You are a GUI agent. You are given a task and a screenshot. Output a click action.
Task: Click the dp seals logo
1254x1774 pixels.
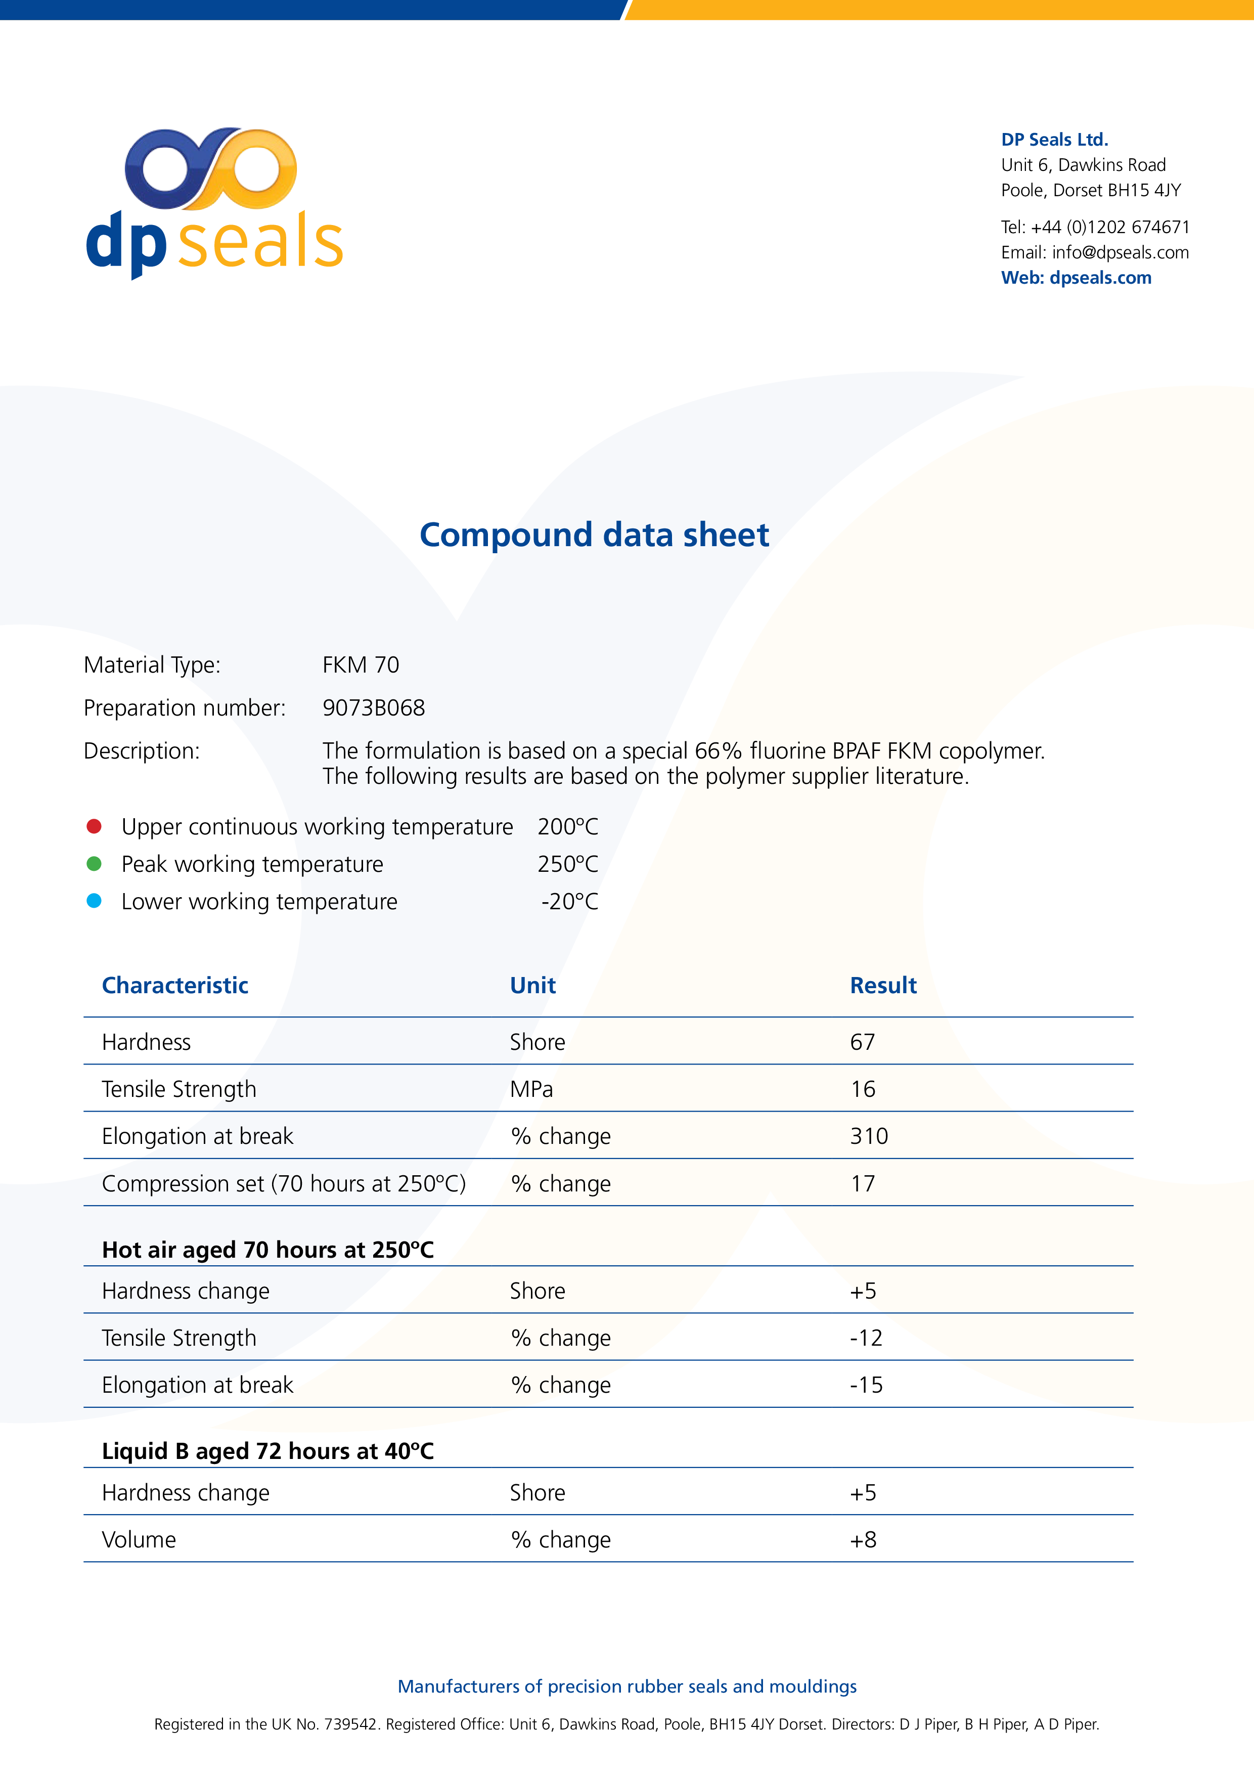click(214, 202)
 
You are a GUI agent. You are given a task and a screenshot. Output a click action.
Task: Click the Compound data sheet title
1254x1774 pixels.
click(594, 535)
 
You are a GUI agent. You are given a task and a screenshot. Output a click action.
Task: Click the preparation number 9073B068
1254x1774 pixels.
click(373, 708)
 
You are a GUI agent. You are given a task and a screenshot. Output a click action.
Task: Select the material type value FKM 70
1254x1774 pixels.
click(360, 666)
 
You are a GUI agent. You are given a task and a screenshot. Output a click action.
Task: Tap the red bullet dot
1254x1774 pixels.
click(94, 827)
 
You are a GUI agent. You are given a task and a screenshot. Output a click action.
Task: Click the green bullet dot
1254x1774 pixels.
click(94, 864)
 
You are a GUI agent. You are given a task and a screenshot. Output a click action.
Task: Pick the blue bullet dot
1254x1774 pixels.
click(94, 901)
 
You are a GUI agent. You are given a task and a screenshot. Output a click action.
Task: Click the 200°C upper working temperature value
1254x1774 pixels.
click(568, 827)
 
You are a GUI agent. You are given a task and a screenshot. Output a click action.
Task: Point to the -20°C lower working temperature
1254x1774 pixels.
click(569, 902)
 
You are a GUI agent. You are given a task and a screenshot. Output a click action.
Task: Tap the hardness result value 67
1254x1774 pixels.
click(862, 1042)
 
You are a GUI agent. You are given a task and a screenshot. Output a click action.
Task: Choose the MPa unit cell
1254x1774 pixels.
click(531, 1089)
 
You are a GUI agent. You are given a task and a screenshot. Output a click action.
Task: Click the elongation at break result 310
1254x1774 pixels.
click(869, 1137)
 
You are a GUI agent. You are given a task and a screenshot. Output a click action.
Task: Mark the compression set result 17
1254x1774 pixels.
click(862, 1184)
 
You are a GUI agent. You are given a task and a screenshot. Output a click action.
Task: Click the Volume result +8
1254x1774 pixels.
click(863, 1540)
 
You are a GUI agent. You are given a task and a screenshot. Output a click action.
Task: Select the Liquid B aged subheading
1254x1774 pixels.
click(267, 1451)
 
